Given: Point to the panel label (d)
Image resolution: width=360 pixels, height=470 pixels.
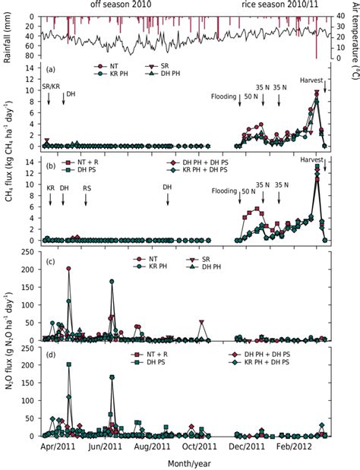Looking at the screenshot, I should coord(49,355).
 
